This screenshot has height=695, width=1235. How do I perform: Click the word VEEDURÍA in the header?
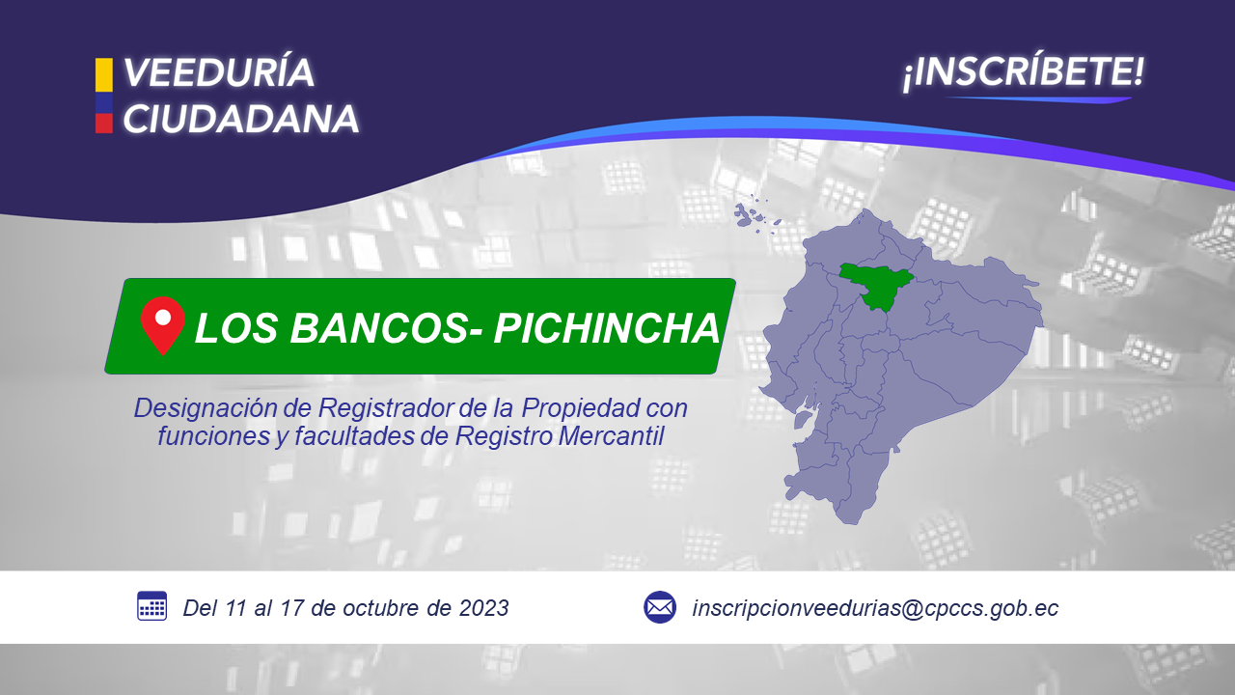219,72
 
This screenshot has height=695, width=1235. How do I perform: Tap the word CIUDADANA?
241,119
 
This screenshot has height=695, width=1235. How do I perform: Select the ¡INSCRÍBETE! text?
1024,72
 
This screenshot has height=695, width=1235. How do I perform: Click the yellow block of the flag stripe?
104,75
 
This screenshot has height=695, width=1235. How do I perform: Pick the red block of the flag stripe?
104,123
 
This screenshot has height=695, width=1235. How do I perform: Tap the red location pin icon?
163,325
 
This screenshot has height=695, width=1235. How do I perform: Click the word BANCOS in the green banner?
387,328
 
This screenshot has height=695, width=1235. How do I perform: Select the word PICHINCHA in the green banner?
607,328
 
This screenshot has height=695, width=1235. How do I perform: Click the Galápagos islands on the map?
756,216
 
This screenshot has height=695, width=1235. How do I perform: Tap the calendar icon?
151,606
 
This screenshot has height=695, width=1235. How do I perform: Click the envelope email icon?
660,607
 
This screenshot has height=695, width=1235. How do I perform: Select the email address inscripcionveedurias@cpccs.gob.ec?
875,608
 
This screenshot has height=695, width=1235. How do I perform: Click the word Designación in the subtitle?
206,409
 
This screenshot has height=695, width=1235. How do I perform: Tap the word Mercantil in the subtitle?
611,435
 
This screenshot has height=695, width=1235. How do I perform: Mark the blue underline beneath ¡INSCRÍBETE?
1039,99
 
